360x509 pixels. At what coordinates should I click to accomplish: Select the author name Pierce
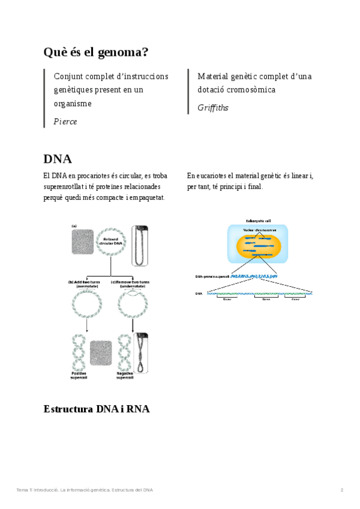click(x=65, y=121)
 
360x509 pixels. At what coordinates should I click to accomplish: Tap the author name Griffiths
click(x=213, y=108)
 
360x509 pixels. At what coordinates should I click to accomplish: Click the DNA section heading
click(x=58, y=159)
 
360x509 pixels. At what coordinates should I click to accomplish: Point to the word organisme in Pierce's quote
click(x=73, y=103)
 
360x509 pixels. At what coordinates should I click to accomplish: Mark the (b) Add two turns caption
click(x=84, y=284)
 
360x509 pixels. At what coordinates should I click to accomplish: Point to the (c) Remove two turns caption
click(x=130, y=284)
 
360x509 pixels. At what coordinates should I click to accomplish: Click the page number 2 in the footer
click(x=342, y=490)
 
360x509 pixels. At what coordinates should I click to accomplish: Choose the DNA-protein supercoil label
click(x=213, y=276)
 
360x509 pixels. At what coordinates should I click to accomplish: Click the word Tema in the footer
click(x=22, y=490)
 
